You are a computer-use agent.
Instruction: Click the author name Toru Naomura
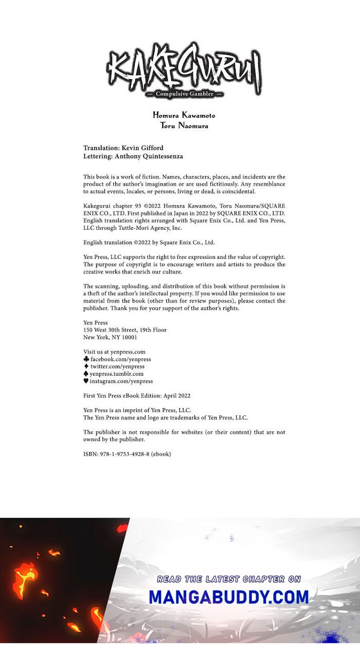tap(184, 125)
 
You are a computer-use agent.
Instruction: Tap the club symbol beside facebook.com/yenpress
tap(86, 359)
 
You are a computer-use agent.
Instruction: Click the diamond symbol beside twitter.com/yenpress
tap(86, 366)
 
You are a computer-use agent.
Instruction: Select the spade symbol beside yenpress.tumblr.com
tap(86, 374)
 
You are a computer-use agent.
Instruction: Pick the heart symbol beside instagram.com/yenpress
tap(86, 381)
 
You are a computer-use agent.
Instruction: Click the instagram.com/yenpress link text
tap(121, 381)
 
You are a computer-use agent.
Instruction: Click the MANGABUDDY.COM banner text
tap(229, 597)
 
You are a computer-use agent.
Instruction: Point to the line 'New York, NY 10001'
tap(110, 338)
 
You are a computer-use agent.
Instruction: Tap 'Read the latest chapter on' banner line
tap(229, 579)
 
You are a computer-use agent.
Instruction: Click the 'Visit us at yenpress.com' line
tap(114, 352)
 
